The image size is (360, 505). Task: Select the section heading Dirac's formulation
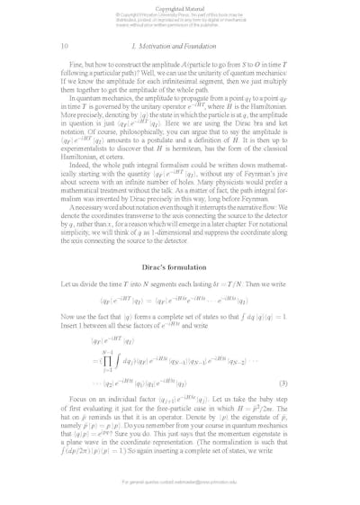(x=180, y=269)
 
